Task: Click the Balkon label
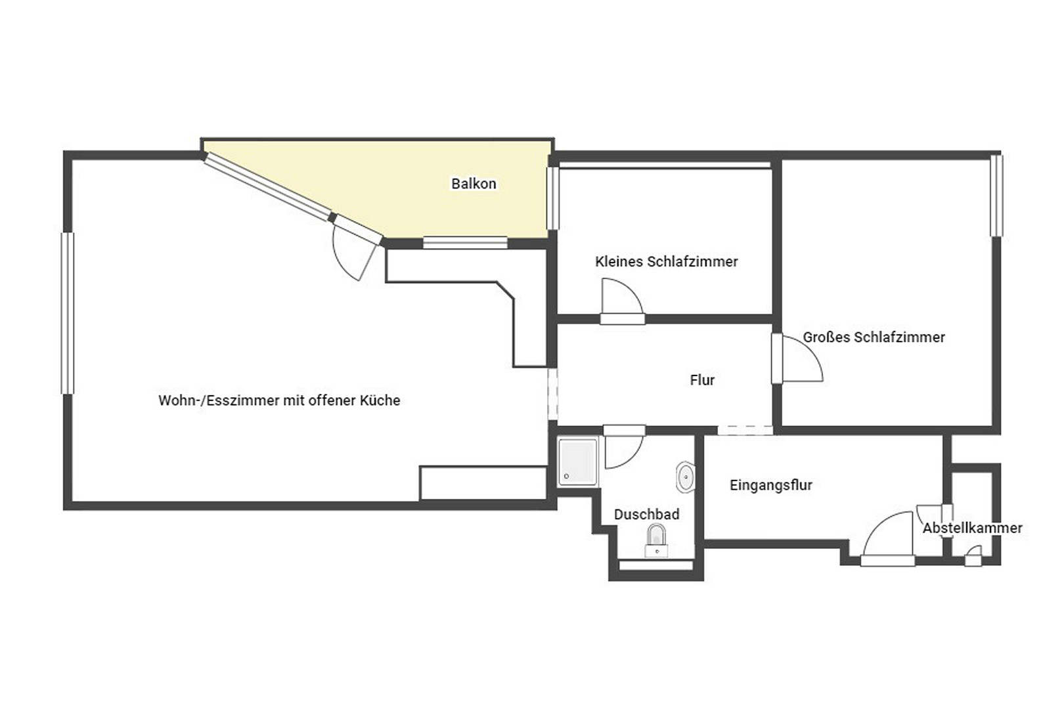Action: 474,184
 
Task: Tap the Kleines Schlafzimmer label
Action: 667,262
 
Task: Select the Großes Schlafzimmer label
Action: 874,337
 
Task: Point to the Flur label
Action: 702,380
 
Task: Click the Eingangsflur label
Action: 771,485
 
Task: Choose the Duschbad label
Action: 646,514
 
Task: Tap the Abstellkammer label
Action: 972,528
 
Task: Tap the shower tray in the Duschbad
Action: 577,462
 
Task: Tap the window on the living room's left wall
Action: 68,313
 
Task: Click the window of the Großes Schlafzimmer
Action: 996,196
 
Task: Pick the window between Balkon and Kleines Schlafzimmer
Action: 552,198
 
